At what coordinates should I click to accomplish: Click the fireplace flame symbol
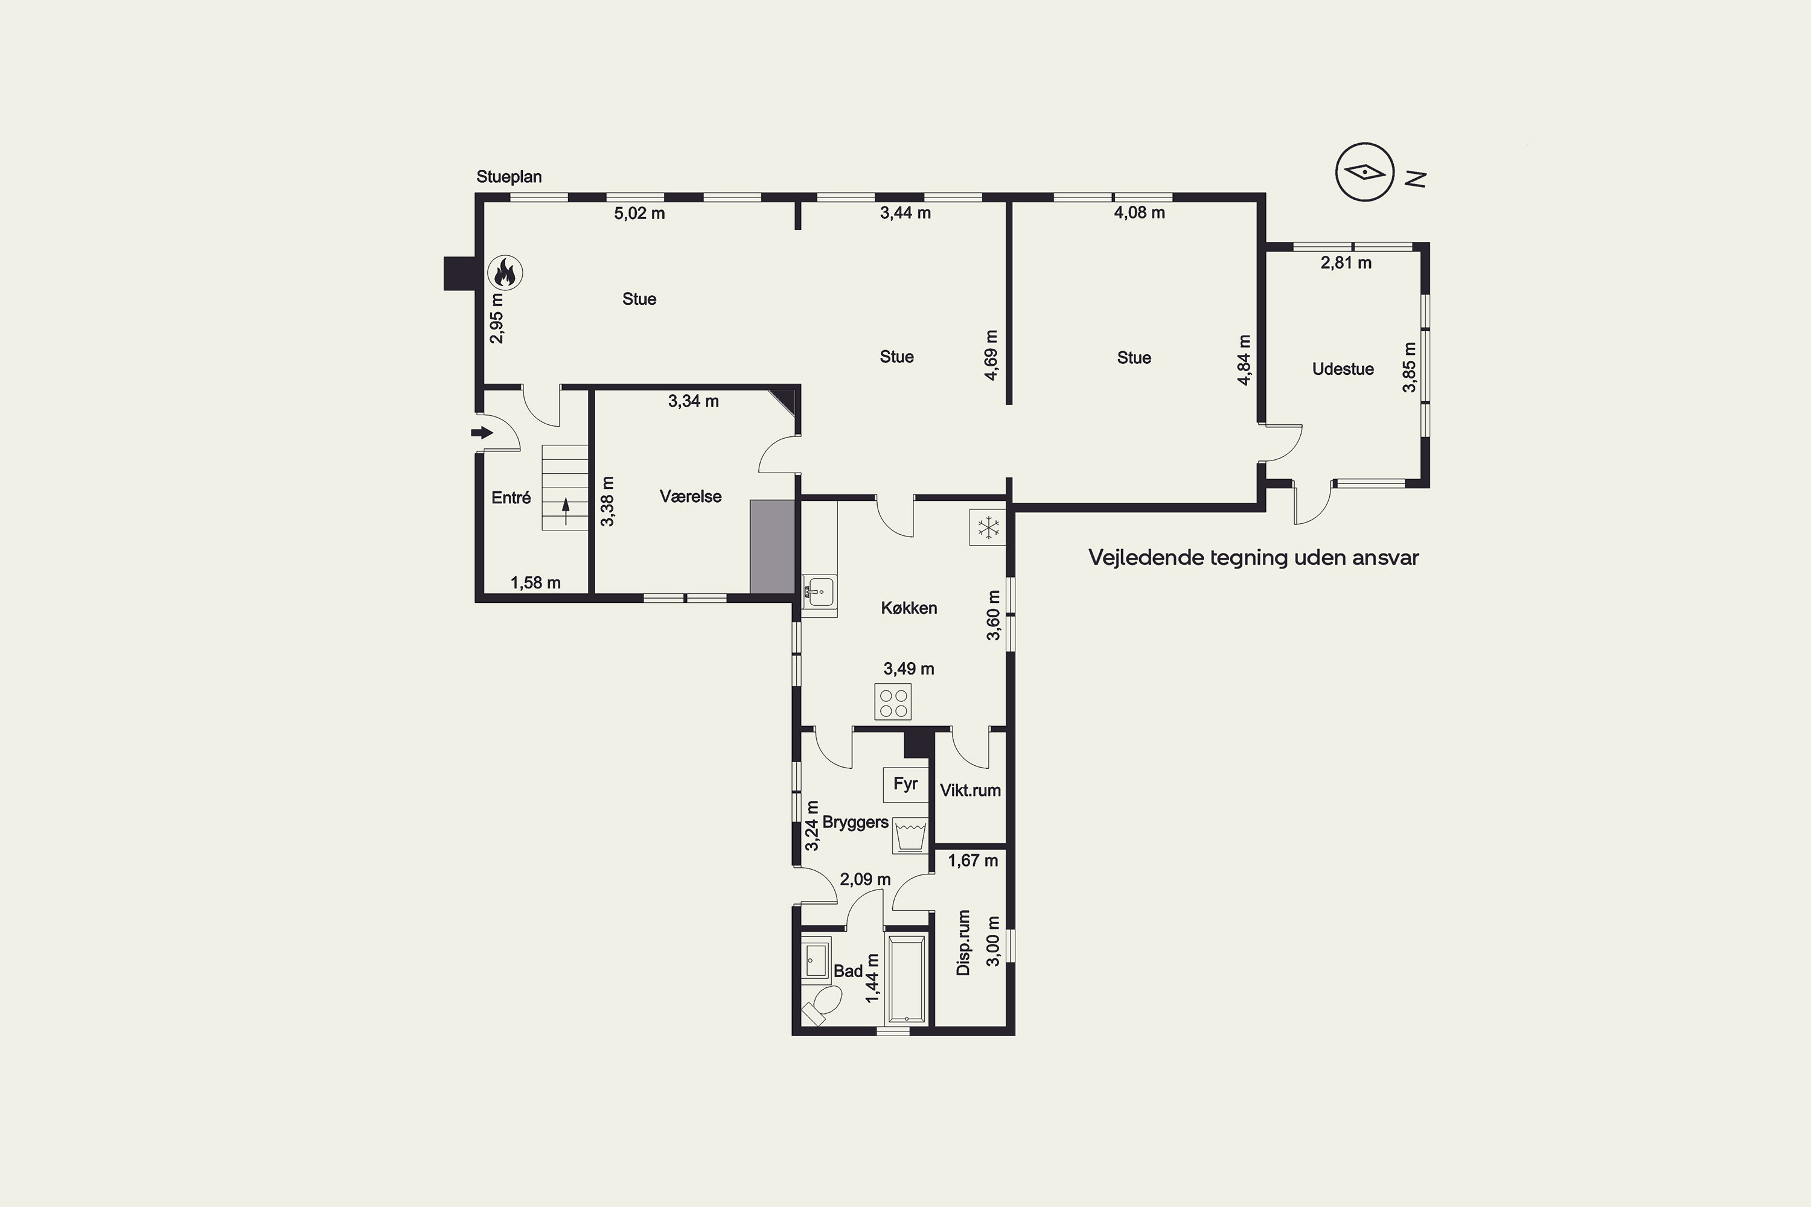point(506,273)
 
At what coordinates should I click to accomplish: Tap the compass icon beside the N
point(1365,173)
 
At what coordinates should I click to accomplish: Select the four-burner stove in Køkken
point(894,702)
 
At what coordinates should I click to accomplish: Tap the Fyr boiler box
point(905,785)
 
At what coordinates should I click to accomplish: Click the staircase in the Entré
point(565,487)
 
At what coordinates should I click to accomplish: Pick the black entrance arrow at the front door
point(482,433)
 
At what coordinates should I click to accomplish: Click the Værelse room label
point(691,497)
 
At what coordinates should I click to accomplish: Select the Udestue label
point(1343,369)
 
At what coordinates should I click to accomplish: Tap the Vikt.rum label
point(970,791)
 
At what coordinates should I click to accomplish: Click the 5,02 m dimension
point(639,213)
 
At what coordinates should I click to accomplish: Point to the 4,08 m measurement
point(1140,212)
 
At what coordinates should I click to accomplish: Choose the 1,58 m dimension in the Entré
point(535,583)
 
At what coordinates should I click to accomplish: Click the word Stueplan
point(509,177)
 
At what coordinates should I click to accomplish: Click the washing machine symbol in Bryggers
point(910,835)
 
